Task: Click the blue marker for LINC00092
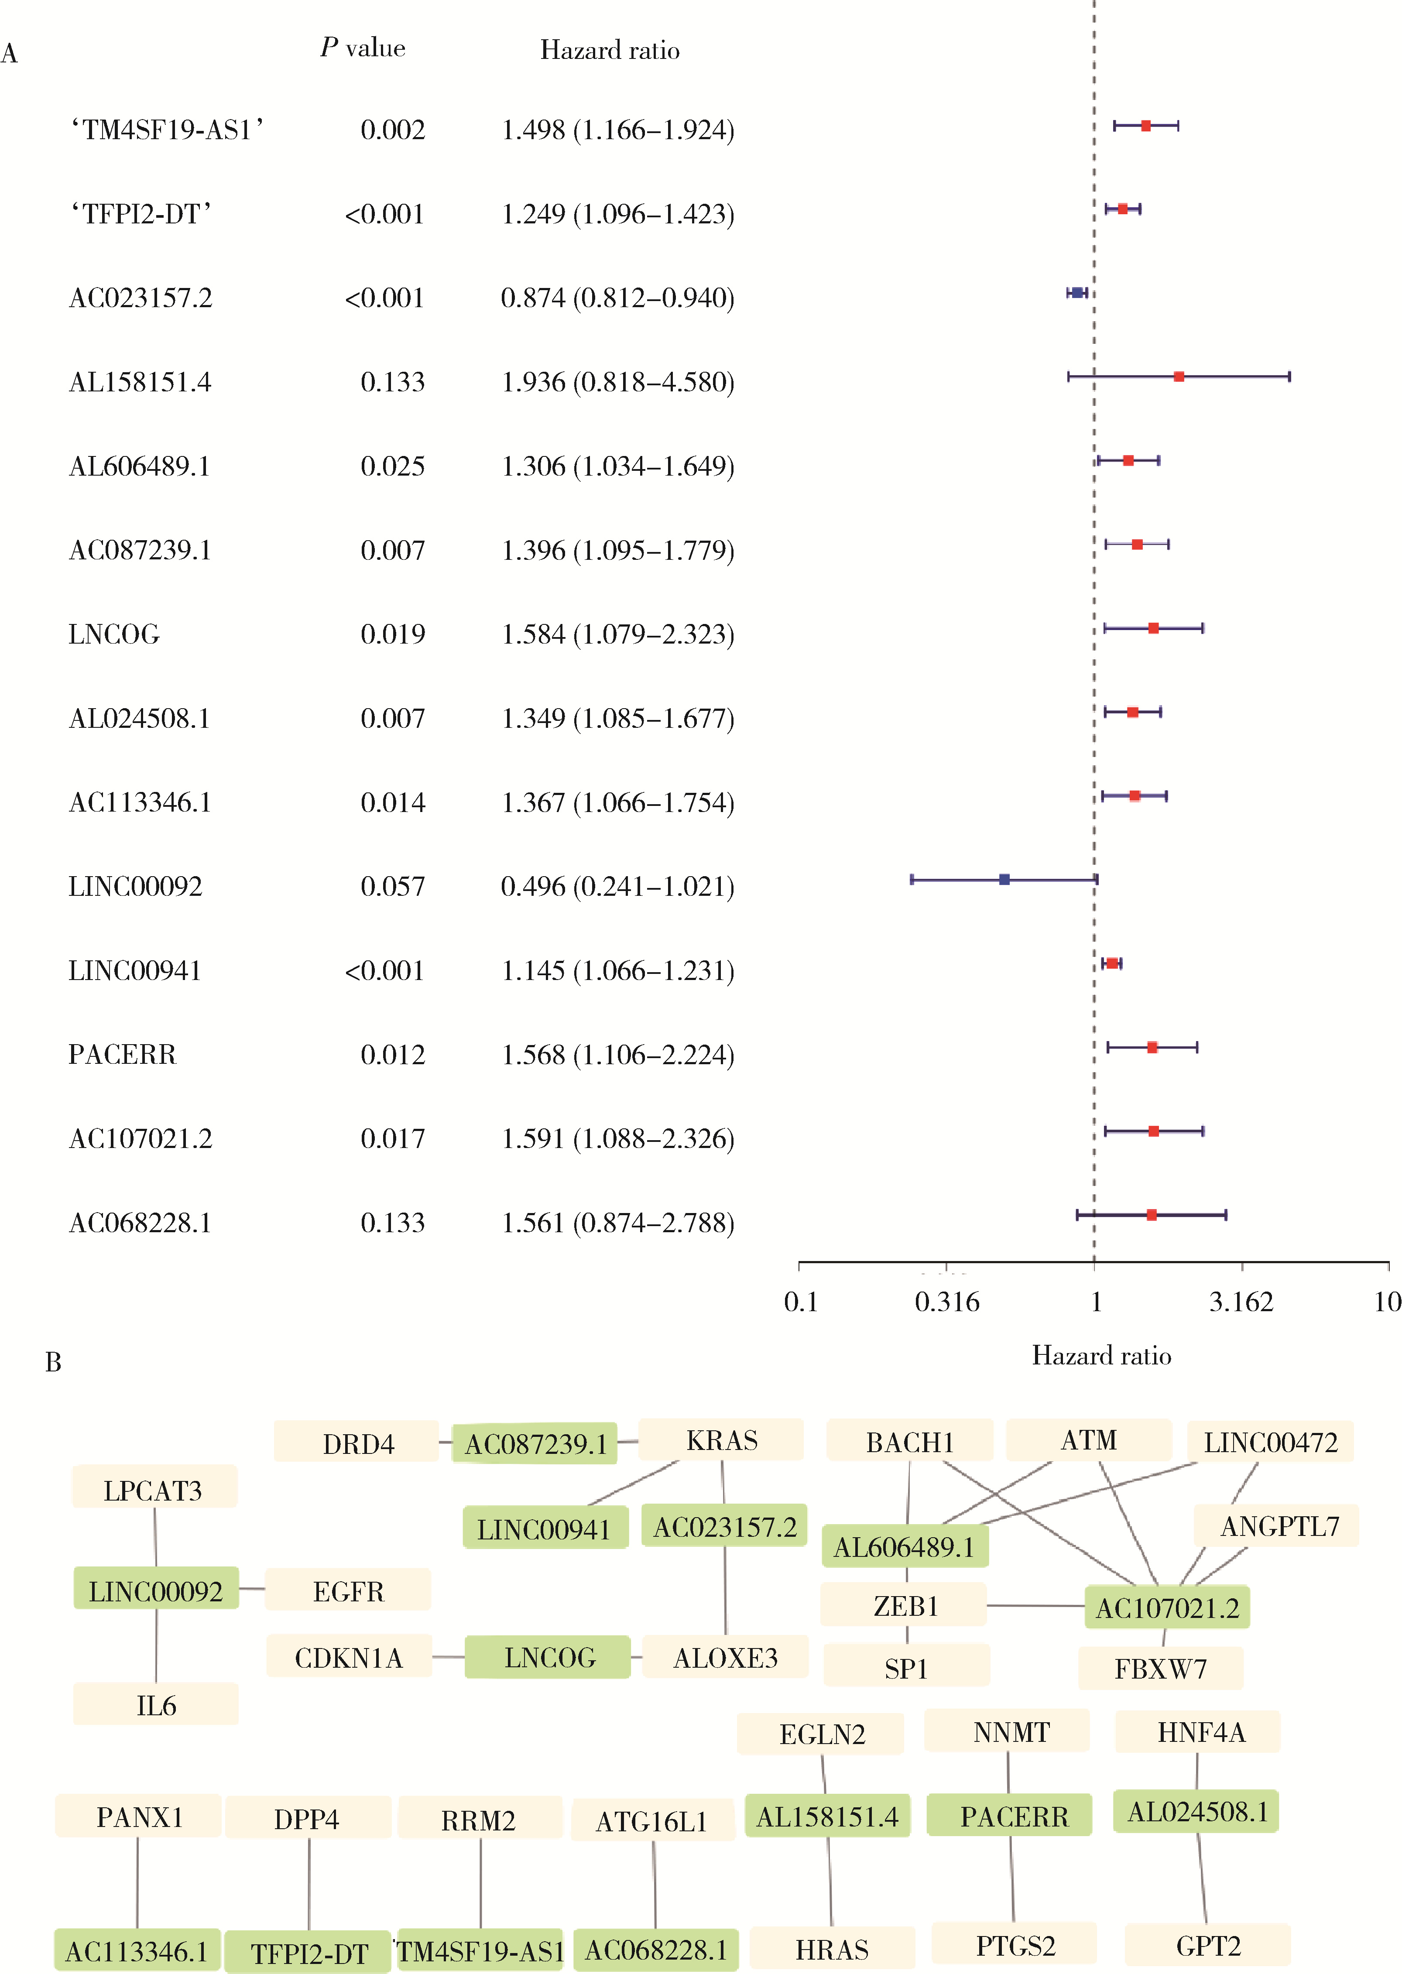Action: pyautogui.click(x=1004, y=880)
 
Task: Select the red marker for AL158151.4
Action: pyautogui.click(x=1179, y=376)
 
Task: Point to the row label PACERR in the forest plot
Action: pyautogui.click(x=122, y=1055)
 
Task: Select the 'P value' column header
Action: pyautogui.click(x=363, y=48)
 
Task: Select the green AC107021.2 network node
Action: pyautogui.click(x=1167, y=1607)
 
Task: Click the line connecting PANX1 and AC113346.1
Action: pyautogui.click(x=137, y=1881)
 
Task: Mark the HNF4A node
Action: pyautogui.click(x=1200, y=1731)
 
